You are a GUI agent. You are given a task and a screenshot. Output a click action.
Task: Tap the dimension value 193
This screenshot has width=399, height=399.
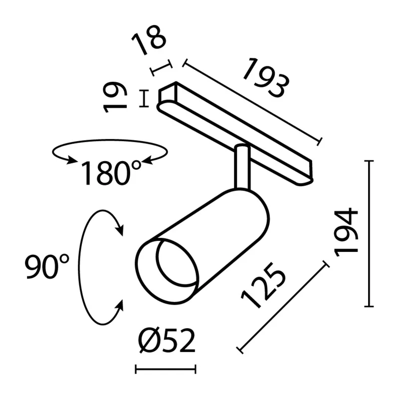pos(266,78)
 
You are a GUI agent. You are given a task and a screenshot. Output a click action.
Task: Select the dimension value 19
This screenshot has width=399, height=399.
pos(115,97)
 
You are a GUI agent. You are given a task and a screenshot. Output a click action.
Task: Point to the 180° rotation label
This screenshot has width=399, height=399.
pos(111,173)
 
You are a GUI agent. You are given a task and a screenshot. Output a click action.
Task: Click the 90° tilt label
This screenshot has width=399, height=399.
pos(47,266)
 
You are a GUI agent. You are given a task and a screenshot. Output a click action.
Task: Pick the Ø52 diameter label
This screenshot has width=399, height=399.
pos(167,341)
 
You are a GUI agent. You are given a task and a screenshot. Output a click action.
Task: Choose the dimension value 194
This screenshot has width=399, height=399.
pos(346,232)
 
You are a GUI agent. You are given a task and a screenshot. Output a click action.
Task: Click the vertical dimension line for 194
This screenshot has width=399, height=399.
pos(369,233)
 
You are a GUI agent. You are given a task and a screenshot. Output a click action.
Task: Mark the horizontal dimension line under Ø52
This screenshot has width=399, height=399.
pos(166,369)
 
